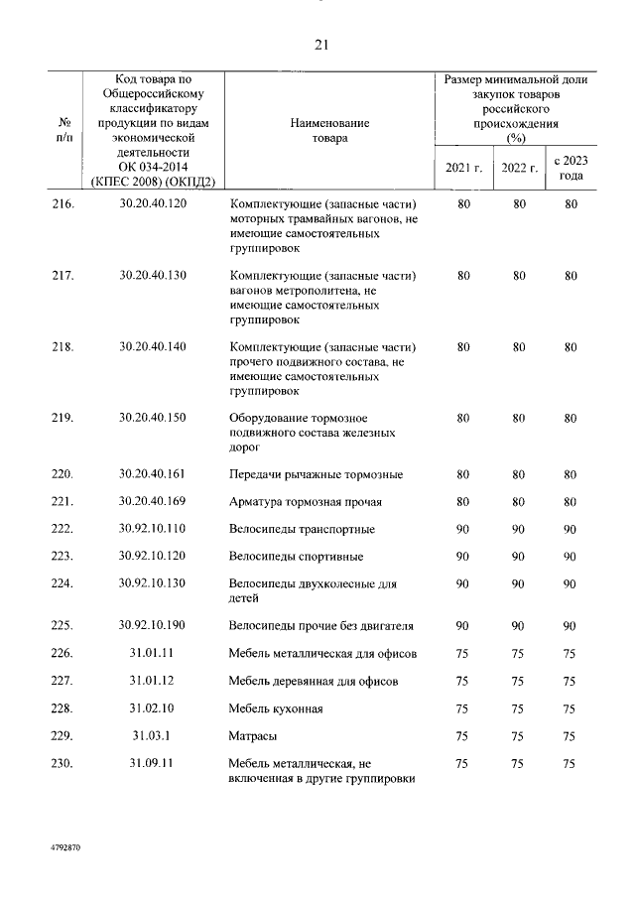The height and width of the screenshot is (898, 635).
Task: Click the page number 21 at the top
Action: [319, 45]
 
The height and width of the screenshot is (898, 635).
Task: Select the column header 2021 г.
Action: [463, 168]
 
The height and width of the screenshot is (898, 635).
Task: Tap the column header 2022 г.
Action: [519, 168]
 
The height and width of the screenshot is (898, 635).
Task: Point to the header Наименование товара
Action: [329, 130]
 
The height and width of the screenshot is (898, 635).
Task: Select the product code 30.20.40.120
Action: [152, 204]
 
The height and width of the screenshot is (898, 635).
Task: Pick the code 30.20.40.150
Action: [152, 418]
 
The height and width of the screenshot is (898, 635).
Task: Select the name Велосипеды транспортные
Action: [302, 530]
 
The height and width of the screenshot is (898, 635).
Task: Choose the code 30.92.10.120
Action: [152, 556]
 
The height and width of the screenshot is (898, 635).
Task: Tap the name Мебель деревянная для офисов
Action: [314, 682]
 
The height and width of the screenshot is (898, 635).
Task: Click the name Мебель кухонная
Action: [276, 709]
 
